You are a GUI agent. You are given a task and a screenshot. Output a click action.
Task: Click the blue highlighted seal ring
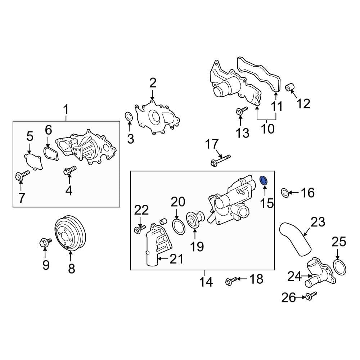click(x=264, y=181)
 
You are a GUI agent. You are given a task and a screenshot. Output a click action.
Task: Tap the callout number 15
click(x=267, y=204)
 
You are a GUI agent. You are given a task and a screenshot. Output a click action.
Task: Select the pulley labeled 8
click(x=70, y=233)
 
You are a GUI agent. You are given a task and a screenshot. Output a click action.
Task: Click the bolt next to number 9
click(x=43, y=243)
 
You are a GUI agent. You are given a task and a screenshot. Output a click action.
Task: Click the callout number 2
click(x=153, y=83)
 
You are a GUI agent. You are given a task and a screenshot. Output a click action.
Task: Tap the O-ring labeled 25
click(x=339, y=267)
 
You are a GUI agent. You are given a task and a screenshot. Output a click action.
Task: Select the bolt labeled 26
click(x=311, y=296)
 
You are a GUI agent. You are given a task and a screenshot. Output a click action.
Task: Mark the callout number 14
click(x=206, y=282)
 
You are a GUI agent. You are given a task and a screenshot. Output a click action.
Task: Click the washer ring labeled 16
click(x=284, y=193)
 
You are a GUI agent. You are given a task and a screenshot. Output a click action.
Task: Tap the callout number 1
click(x=66, y=108)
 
